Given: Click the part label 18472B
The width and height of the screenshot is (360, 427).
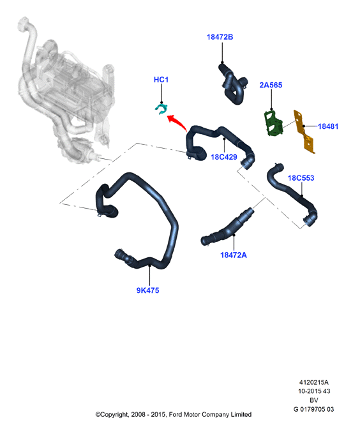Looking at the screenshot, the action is [220, 37].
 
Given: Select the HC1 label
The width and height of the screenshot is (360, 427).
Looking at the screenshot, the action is [161, 80].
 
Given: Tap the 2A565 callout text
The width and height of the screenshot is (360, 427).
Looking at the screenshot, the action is [271, 85].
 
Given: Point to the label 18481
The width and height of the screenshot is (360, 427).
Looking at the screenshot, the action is [328, 126].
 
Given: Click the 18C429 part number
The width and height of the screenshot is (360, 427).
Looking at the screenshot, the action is [224, 157].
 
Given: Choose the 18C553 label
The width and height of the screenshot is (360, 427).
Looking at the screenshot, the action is [301, 178].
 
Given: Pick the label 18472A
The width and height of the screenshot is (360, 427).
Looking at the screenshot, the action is [234, 255].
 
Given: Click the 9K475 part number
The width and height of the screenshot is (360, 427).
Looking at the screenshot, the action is [147, 290].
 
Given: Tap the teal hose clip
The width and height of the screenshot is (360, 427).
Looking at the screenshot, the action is [161, 109].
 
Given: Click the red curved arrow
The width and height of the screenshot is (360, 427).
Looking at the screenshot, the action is [178, 121].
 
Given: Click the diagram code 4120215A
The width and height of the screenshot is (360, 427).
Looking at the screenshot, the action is [313, 382].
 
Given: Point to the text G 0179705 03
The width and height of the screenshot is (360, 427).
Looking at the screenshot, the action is [313, 409].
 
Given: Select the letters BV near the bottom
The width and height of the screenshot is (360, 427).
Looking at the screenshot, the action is [313, 400].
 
